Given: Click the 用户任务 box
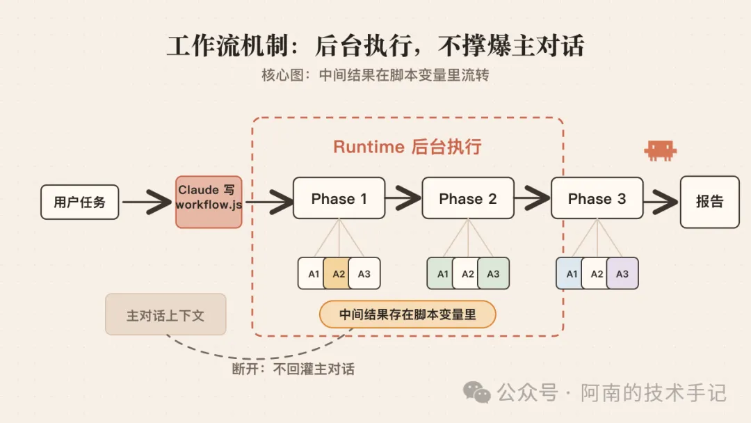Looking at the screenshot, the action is (79, 202).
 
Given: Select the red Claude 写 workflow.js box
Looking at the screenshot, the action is (209, 202).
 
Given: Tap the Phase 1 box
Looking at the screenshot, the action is (339, 198).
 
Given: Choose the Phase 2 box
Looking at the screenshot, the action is (468, 198).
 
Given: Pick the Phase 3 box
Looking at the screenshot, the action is (597, 198).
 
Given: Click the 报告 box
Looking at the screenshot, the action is (710, 202).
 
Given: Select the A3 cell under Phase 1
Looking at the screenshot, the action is (364, 273).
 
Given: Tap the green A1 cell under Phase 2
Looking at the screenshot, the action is (441, 273).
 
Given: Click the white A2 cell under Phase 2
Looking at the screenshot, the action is (467, 273).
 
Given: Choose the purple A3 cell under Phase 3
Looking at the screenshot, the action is (622, 273).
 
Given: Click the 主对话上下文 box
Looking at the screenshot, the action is (165, 314).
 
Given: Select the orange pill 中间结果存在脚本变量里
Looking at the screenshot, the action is (407, 314).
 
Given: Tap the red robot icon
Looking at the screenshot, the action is (661, 150).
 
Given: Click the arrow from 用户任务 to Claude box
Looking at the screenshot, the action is (147, 202).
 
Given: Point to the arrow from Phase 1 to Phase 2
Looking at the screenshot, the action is (403, 198).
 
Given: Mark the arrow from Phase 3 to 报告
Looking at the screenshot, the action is (661, 202).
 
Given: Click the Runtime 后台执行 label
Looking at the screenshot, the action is (407, 147).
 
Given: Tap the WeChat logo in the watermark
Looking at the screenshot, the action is (476, 392).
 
